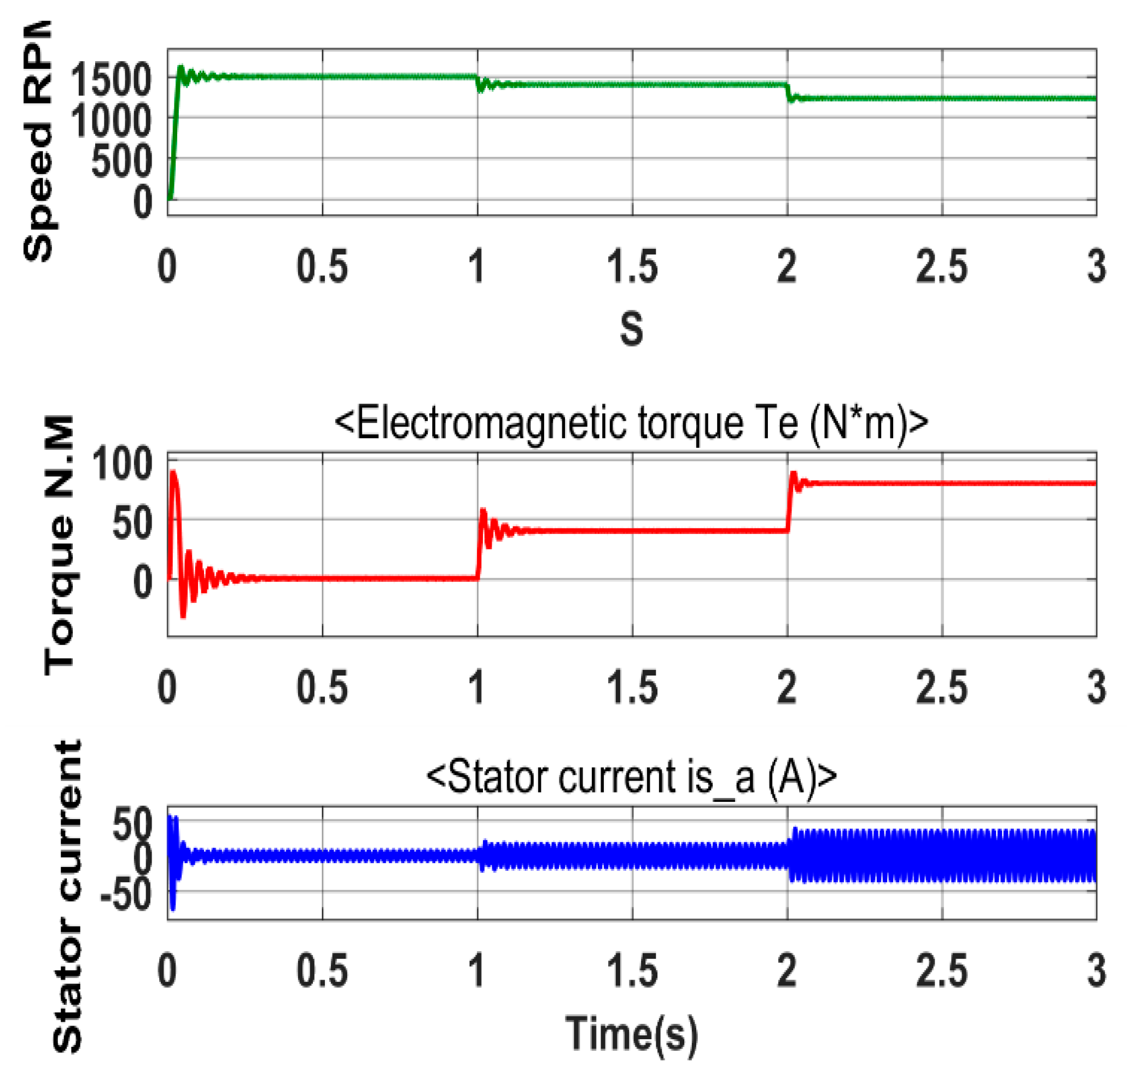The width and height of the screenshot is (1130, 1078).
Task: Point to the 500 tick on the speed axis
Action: pyautogui.click(x=121, y=161)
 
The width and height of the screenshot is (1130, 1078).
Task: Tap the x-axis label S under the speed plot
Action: pyautogui.click(x=631, y=329)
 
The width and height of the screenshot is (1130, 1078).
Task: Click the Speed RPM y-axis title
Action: pyautogui.click(x=39, y=141)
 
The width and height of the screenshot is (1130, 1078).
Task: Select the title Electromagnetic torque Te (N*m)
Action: pyautogui.click(x=631, y=423)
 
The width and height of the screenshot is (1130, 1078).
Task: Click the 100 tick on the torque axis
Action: pyautogui.click(x=121, y=464)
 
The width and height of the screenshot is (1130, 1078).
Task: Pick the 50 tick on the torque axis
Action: pyautogui.click(x=132, y=523)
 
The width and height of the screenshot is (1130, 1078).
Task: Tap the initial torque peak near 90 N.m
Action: pyautogui.click(x=172, y=473)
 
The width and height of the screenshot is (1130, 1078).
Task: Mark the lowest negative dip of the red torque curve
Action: pyautogui.click(x=183, y=616)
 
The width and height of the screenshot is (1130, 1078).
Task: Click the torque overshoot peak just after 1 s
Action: pyautogui.click(x=483, y=510)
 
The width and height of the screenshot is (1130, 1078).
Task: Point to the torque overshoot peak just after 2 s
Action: pyautogui.click(x=793, y=473)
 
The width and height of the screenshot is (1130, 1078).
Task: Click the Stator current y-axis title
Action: pyautogui.click(x=68, y=896)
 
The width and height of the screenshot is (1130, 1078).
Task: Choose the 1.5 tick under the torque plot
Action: pyautogui.click(x=632, y=687)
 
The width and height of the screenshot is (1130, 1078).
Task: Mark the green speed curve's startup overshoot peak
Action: pyautogui.click(x=180, y=67)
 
